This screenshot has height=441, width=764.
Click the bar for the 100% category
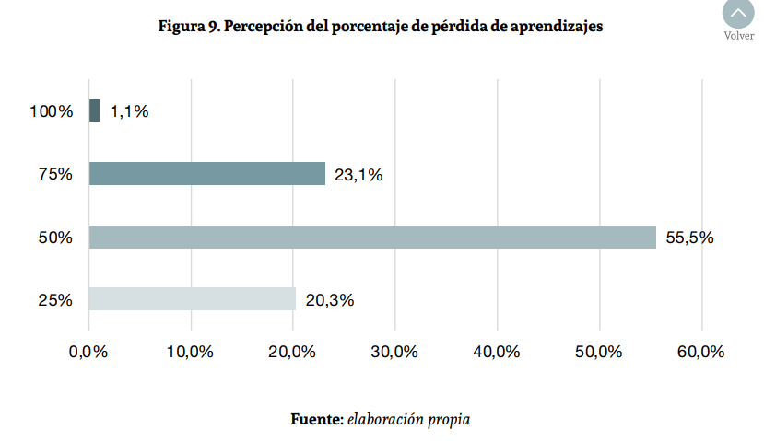point(94,111)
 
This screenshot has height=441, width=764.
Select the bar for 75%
point(207,174)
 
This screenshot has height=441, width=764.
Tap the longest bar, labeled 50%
point(372,237)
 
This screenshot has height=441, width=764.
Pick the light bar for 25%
point(193,299)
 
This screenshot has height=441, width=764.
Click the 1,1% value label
point(129,111)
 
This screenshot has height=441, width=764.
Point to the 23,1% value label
point(358,175)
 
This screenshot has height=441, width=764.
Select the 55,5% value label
point(689,238)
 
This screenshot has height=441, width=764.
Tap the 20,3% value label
point(330,300)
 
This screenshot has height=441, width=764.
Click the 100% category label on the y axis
point(52,111)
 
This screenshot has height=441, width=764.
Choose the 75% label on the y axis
point(55,174)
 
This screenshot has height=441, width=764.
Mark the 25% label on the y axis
point(55,299)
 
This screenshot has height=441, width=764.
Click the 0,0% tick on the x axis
point(88,352)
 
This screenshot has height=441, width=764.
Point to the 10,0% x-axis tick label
point(191,352)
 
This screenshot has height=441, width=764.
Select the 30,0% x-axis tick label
point(395,352)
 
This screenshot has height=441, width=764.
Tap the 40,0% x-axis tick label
point(498,352)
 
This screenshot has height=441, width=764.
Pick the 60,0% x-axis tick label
point(700,352)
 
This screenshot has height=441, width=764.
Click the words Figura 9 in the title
point(189,27)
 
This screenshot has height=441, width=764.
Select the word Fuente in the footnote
point(317,420)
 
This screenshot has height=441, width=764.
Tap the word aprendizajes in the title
point(558,27)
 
